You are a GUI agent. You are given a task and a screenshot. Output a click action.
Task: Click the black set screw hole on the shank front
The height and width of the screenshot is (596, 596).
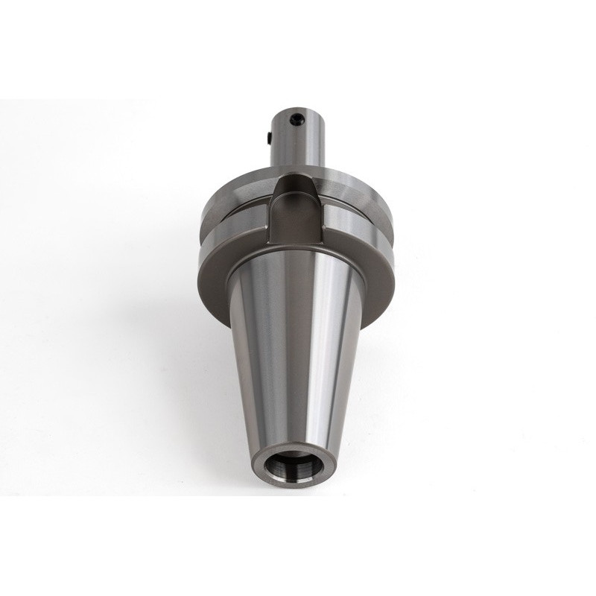point(297,119)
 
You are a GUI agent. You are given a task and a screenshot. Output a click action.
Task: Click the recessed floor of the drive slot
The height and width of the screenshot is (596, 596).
point(297,216)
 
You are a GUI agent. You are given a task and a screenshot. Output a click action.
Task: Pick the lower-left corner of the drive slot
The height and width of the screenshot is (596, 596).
point(271,242)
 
